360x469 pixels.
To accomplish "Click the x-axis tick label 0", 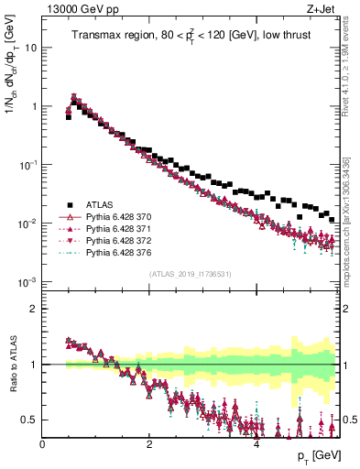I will point(42,445).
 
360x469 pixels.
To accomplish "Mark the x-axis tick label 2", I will point(149,445).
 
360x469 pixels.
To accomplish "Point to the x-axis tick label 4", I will point(256,445).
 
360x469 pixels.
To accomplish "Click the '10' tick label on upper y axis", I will point(29,47).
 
